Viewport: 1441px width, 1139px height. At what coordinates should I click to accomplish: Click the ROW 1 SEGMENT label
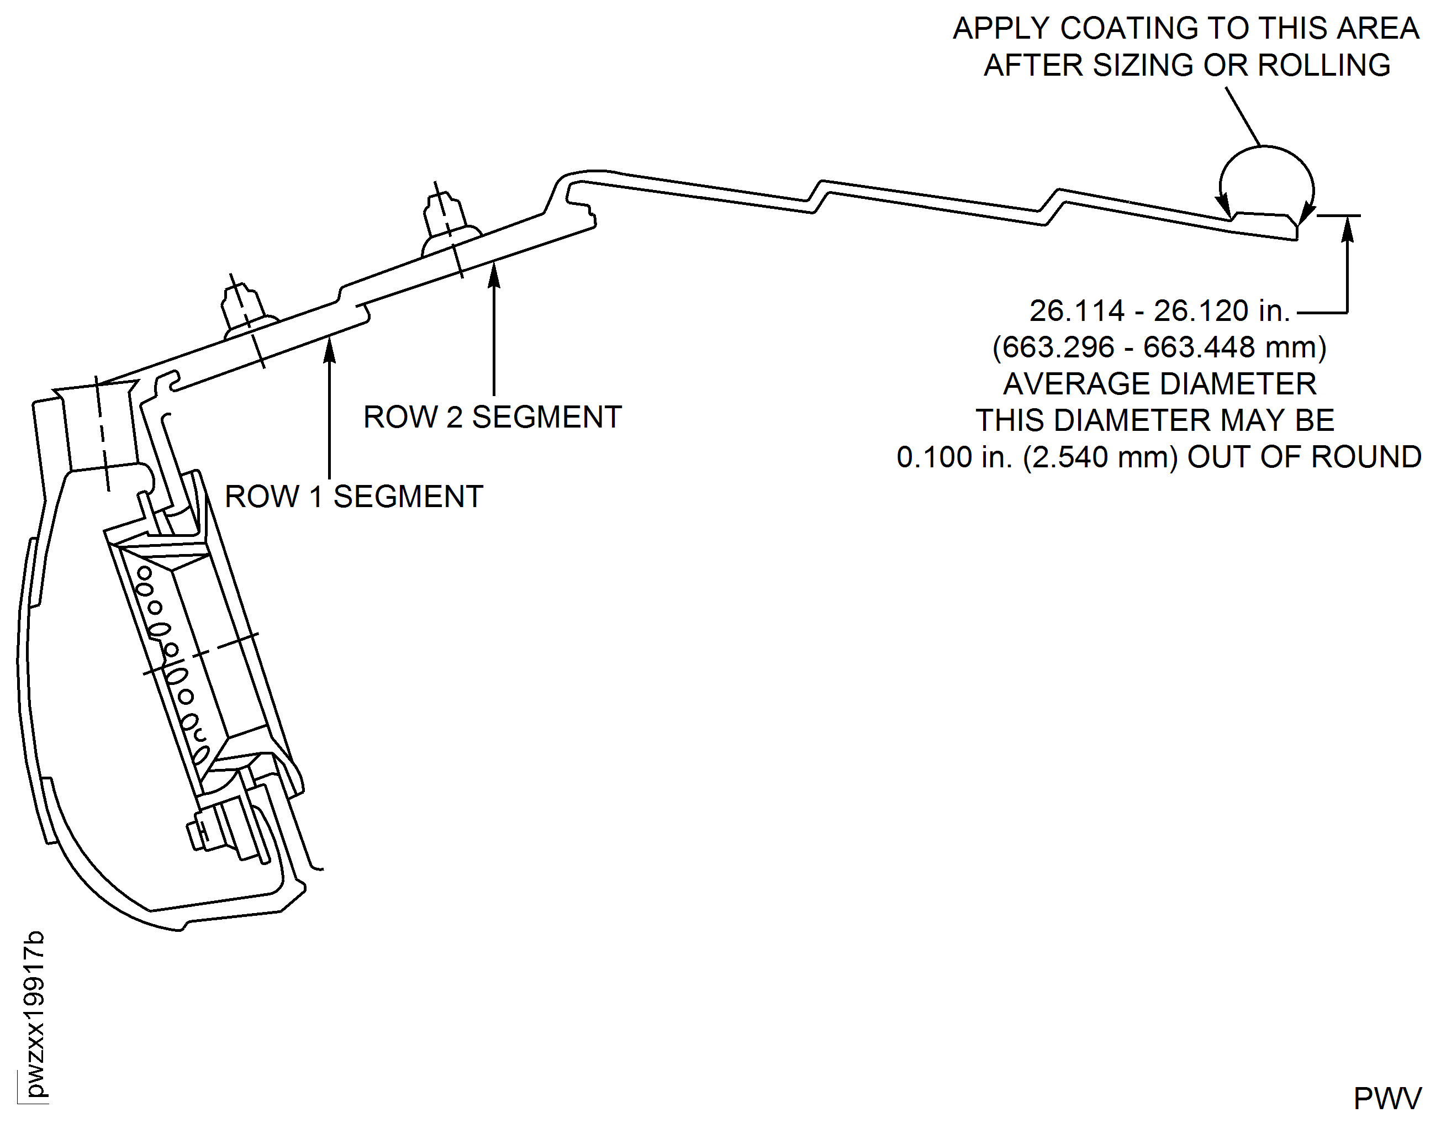(354, 497)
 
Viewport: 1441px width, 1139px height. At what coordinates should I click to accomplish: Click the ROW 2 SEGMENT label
(492, 418)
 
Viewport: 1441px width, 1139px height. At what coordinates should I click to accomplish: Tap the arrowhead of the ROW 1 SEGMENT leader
(329, 349)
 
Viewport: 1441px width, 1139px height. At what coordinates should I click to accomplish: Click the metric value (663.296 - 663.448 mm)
(1159, 347)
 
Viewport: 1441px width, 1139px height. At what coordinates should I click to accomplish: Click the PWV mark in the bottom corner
(1387, 1098)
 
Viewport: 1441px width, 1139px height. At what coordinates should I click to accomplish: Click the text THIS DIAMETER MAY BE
(1155, 421)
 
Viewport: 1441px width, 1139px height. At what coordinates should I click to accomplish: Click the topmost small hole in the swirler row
(144, 573)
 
